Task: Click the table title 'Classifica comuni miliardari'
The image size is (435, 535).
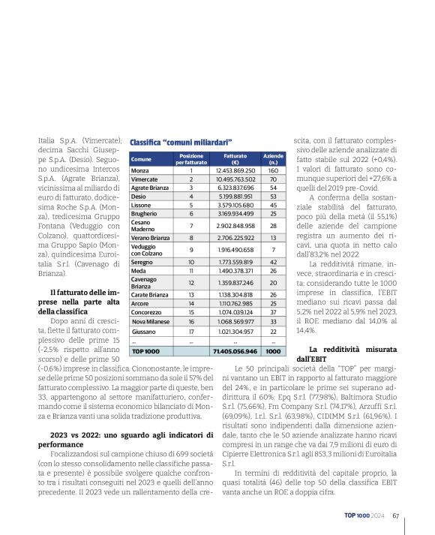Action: tap(179, 142)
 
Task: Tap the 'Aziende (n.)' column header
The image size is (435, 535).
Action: tap(273, 159)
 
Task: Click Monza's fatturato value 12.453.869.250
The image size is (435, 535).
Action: tap(235, 171)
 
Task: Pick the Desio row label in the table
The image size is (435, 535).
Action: tap(139, 195)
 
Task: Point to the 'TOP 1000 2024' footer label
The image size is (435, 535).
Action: tap(365, 515)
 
